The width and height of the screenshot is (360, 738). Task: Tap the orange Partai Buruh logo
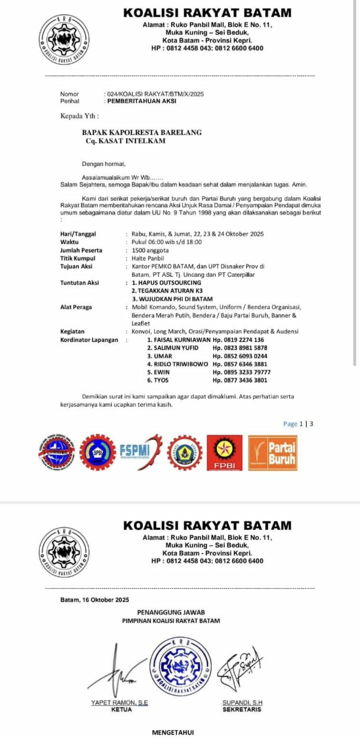[x=273, y=453]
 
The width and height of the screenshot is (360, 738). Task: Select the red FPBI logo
[x=224, y=453]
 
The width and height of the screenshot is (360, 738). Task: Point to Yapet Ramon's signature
[x=117, y=670]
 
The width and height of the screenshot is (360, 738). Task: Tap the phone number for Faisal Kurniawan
[x=238, y=340]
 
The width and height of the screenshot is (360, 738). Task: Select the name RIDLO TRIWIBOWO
[x=178, y=364]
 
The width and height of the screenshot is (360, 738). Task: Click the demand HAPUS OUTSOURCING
[x=167, y=283]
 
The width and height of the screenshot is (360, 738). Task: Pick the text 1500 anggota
[x=150, y=250]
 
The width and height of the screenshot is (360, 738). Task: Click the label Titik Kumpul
[x=78, y=258]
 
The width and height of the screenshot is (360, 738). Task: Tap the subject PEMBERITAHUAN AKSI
[x=142, y=101]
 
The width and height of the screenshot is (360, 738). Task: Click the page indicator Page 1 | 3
[x=298, y=424]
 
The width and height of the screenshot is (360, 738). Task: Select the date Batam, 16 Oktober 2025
[x=95, y=600]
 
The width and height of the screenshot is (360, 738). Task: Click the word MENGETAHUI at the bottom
[x=173, y=732]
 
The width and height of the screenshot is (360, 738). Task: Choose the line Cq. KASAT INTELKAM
[x=125, y=141]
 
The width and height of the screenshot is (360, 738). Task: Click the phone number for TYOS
[x=240, y=380]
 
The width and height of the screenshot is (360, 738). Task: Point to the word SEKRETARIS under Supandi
[x=242, y=709]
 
